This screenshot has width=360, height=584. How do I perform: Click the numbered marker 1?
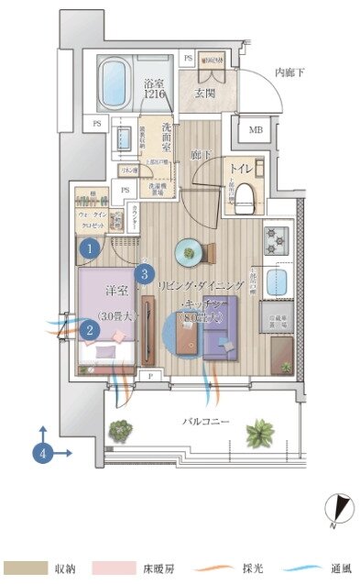89,248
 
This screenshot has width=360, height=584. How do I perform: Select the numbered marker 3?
143,273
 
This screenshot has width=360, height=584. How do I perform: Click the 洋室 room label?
115,291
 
